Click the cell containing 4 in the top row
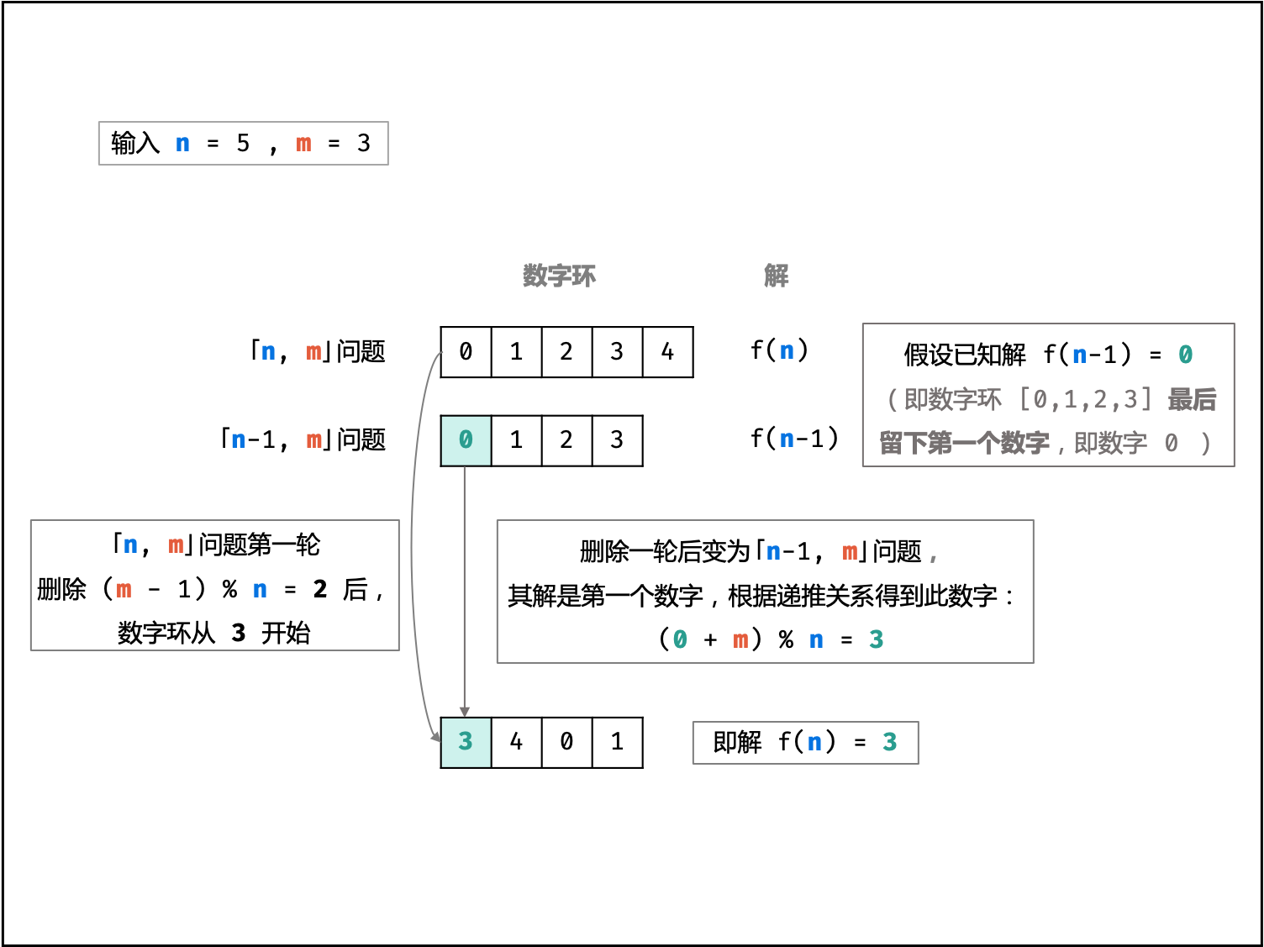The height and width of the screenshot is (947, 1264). pyautogui.click(x=667, y=352)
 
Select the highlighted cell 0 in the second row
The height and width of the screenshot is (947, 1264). pyautogui.click(x=466, y=440)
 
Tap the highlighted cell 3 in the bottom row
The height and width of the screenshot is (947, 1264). pyautogui.click(x=466, y=742)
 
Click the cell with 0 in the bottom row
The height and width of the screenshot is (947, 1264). pyautogui.click(x=566, y=742)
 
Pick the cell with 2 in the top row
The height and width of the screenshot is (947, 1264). pyautogui.click(x=566, y=352)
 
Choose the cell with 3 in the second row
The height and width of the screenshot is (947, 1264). pyautogui.click(x=617, y=440)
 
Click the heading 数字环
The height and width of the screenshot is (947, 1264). pyautogui.click(x=559, y=276)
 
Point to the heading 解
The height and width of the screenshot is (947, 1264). pyautogui.click(x=776, y=276)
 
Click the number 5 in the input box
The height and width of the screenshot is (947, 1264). pyautogui.click(x=243, y=144)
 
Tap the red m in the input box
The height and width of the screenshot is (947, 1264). pyautogui.click(x=303, y=144)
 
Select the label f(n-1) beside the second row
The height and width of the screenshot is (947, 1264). pyautogui.click(x=794, y=438)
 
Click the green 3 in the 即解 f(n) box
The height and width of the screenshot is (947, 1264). pyautogui.click(x=889, y=742)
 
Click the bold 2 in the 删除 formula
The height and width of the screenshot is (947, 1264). pyautogui.click(x=320, y=589)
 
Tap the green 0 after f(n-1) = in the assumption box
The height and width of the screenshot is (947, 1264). pyautogui.click(x=1185, y=355)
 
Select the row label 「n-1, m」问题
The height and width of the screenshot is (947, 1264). pyautogui.click(x=303, y=439)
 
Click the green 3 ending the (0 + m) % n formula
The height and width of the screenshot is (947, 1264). pyautogui.click(x=876, y=639)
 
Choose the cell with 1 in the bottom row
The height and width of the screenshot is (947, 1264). pyautogui.click(x=617, y=742)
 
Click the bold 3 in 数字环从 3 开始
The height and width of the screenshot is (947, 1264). pyautogui.click(x=239, y=633)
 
